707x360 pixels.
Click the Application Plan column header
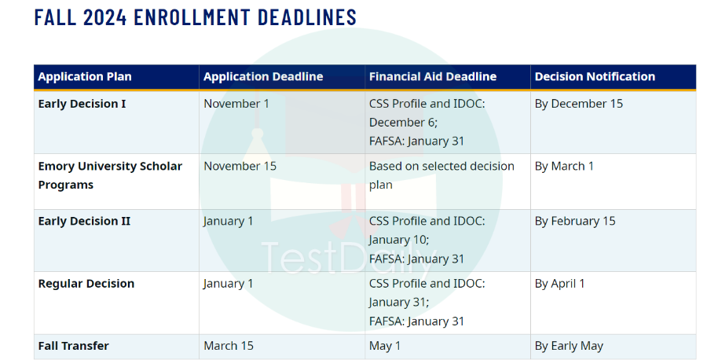pos(85,77)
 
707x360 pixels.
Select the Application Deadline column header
pos(263,77)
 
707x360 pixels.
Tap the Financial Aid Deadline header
pos(433,77)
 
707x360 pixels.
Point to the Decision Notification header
pos(595,77)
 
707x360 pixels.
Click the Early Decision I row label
pos(82,104)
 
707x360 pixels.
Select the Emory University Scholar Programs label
pos(110,175)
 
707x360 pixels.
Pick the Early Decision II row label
pos(84,221)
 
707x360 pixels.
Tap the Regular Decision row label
pos(86,284)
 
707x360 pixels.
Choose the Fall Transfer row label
pos(74,346)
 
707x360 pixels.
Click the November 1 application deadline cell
pos(236,104)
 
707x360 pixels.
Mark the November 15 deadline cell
pos(240,166)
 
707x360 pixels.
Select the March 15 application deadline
pos(229,346)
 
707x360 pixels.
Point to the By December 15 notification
pos(579,104)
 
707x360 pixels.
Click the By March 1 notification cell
pos(564,166)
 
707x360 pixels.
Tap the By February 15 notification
pos(575,221)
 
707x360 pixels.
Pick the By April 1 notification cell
pos(559,284)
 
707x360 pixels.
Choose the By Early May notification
pos(569,346)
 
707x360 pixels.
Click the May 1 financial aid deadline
pos(385,346)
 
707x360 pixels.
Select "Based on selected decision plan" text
pos(441,175)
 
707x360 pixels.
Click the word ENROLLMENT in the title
pos(192,17)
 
